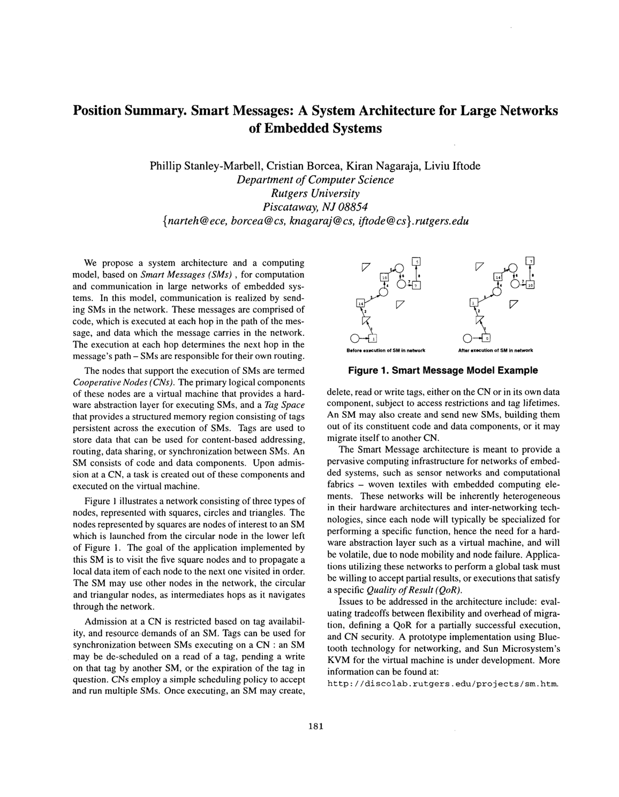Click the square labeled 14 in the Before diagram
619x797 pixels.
pyautogui.click(x=360, y=303)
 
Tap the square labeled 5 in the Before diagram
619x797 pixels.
pyautogui.click(x=416, y=262)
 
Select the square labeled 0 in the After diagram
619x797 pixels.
pyautogui.click(x=486, y=338)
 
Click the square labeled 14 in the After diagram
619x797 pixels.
pyautogui.click(x=497, y=277)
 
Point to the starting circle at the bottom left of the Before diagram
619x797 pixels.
pyautogui.click(x=354, y=338)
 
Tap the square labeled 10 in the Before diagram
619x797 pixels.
pyautogui.click(x=384, y=277)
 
